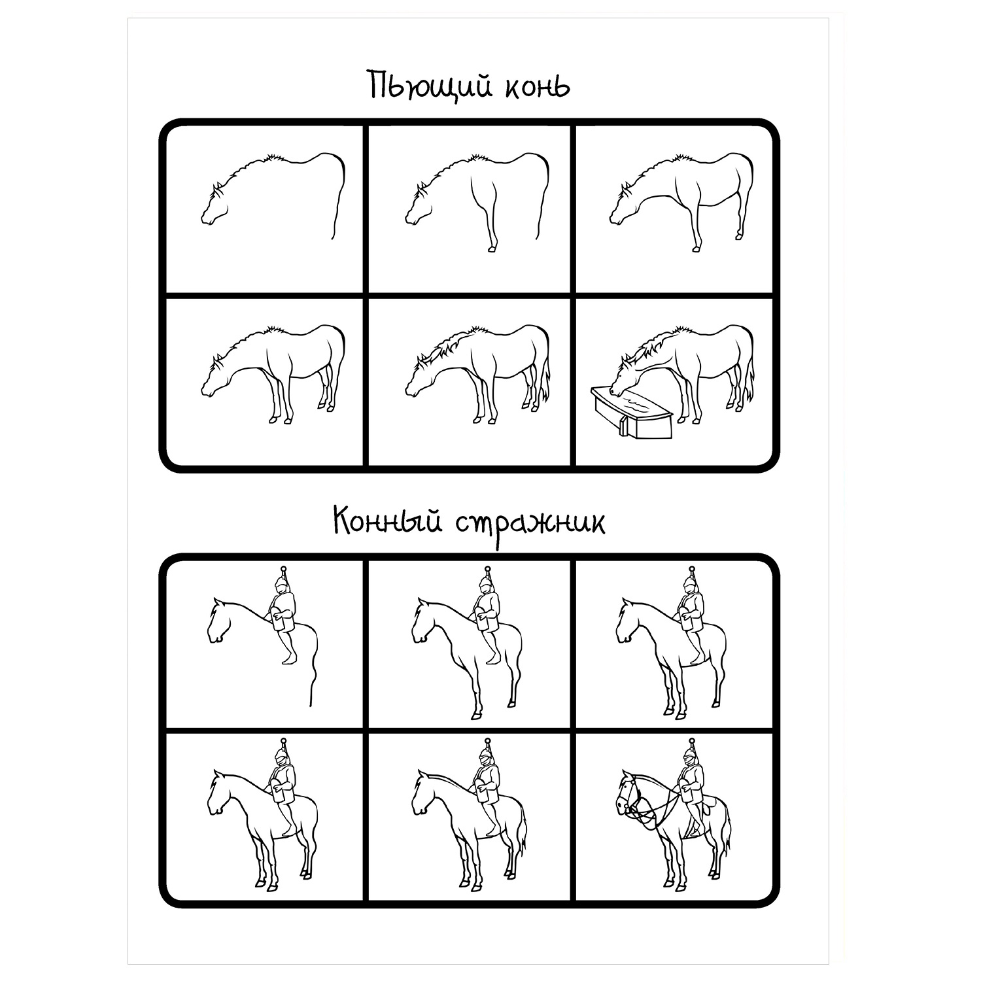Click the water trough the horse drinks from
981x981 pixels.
click(632, 412)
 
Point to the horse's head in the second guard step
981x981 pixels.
click(424, 621)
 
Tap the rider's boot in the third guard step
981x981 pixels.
click(698, 657)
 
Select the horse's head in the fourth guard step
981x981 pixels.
click(220, 792)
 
